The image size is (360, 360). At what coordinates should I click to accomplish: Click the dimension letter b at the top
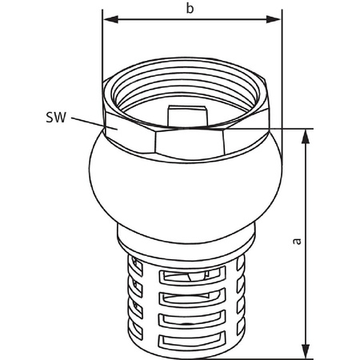coord(189,9)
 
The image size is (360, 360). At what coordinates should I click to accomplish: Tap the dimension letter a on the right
coord(297,241)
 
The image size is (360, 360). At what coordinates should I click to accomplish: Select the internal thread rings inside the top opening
coord(192,92)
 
